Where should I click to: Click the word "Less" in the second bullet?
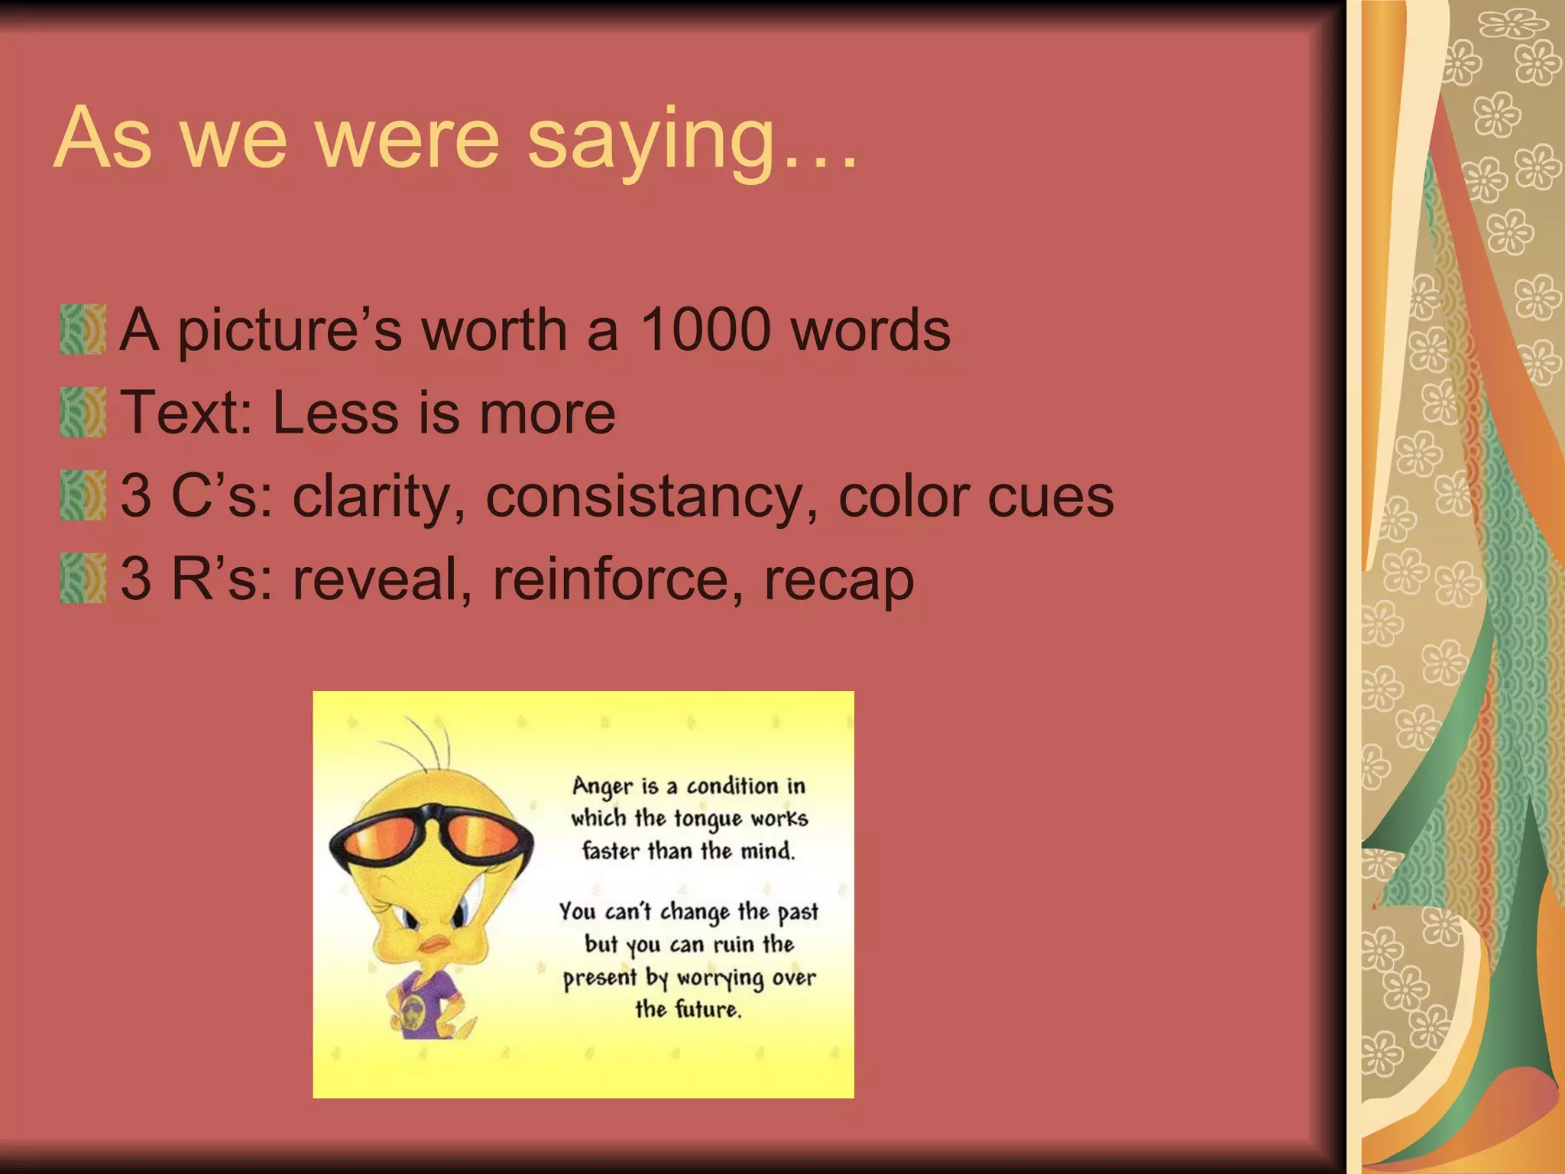click(334, 413)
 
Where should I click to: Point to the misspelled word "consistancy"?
click(652, 497)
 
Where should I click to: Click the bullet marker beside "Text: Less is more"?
click(83, 412)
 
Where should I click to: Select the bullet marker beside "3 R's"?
click(83, 579)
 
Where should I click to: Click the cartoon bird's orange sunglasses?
click(430, 839)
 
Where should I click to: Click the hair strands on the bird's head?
click(428, 741)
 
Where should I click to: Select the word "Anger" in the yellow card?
click(603, 786)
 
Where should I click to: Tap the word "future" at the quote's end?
click(708, 1010)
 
